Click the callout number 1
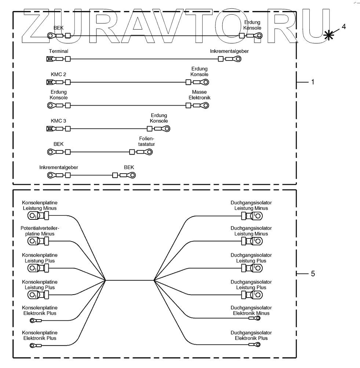312,82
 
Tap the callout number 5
312,273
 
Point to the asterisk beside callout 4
329,35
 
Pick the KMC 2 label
58,74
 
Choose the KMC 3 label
58,121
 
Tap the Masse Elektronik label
199,95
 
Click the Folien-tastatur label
146,141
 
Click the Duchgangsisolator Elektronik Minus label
251,310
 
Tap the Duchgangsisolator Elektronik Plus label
251,335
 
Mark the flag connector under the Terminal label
49,59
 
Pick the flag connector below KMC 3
49,129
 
